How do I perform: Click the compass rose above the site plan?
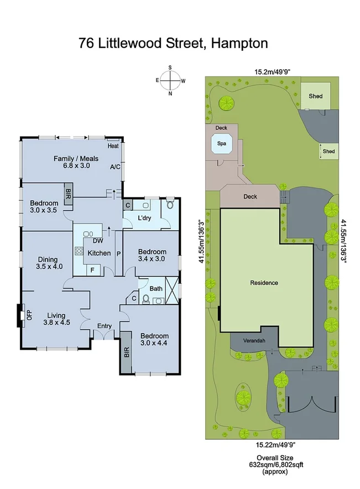click(x=170, y=81)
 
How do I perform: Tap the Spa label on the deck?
click(x=222, y=143)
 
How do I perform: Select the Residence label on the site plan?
click(x=264, y=283)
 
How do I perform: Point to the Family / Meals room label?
click(x=76, y=159)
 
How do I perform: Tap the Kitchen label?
click(x=100, y=253)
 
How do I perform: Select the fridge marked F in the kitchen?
click(x=92, y=270)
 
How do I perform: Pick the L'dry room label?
click(x=145, y=218)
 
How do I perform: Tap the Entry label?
click(x=105, y=326)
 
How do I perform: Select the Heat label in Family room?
click(x=113, y=146)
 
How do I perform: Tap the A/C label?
click(x=115, y=167)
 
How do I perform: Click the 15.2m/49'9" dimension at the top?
click(x=270, y=71)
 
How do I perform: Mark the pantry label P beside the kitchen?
click(x=118, y=253)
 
